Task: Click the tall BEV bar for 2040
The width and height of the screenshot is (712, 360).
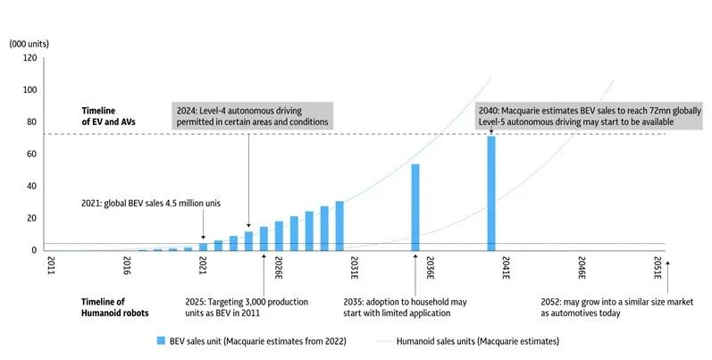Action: pos(490,193)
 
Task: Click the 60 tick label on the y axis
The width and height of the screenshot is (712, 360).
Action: pos(32,154)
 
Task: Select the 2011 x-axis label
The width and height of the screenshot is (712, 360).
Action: pos(51,266)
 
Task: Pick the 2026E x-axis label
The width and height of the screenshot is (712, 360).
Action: pos(278,268)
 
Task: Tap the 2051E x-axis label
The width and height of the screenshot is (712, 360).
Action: pos(658,268)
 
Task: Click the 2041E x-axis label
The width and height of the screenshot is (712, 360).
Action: pos(506,268)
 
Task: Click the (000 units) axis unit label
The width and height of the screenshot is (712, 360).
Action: pos(29,43)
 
